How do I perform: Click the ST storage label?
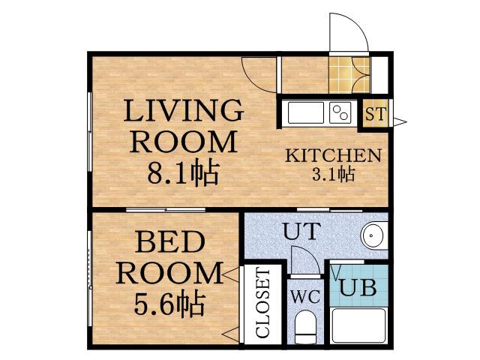376,114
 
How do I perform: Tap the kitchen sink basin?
306,113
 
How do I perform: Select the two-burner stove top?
340,113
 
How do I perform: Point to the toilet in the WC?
305,327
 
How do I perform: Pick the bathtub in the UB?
358,325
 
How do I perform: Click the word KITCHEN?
334,155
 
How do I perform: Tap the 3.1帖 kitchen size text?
333,175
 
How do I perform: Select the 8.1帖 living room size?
183,173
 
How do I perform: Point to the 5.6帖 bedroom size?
169,304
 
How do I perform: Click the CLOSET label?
262,302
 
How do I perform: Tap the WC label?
305,296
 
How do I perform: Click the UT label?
301,231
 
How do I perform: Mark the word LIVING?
184,110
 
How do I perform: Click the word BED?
170,241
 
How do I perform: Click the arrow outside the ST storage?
400,121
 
